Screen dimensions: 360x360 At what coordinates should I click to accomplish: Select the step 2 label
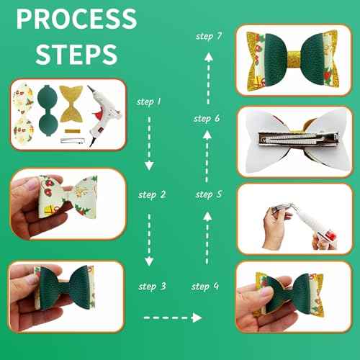tap(152, 194)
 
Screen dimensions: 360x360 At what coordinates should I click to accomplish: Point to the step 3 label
tap(152, 286)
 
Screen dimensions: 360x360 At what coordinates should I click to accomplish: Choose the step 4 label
tap(205, 286)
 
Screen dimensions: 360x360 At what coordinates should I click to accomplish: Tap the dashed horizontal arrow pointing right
tap(174, 316)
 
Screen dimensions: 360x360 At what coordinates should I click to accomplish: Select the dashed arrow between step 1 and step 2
tap(149, 148)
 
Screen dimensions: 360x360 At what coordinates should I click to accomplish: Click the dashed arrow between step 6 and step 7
tap(207, 76)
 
